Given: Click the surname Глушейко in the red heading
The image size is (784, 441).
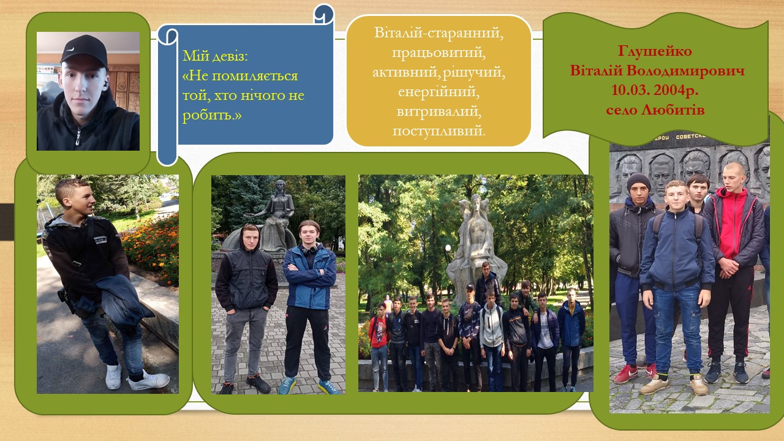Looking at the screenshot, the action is click(x=655, y=51).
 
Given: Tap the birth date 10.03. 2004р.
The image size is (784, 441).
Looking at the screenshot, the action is click(x=655, y=90).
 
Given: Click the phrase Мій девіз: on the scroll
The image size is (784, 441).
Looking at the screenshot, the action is click(x=215, y=56).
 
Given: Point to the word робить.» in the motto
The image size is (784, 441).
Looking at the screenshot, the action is click(x=212, y=115).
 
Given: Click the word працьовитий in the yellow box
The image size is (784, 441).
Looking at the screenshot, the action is click(x=439, y=53).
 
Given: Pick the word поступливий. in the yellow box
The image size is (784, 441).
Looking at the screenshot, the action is click(x=439, y=131).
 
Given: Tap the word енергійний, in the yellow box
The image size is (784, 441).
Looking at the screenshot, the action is click(x=439, y=92).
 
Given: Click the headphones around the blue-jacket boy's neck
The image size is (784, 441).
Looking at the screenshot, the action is click(x=310, y=251).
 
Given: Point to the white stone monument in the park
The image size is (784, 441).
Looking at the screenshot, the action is click(x=476, y=245).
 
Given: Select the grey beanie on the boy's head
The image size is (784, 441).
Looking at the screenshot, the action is click(x=638, y=181).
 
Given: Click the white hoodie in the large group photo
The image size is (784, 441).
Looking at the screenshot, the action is click(x=491, y=325).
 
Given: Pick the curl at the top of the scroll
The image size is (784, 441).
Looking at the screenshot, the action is click(x=324, y=15).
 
